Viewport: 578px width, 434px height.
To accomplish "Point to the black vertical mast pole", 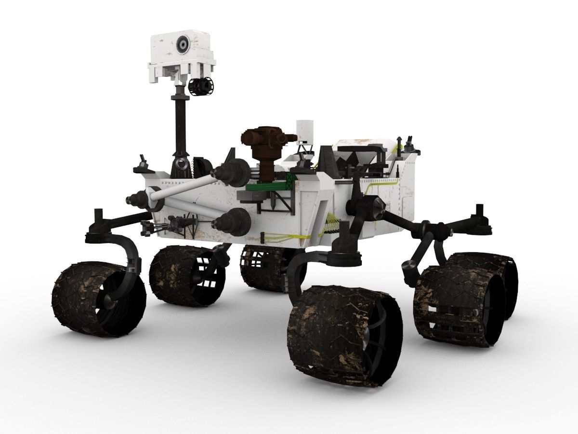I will point(179,125).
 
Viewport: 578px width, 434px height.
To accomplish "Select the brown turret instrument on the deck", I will point(263,145).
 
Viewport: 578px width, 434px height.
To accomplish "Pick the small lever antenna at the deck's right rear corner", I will point(410,143).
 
